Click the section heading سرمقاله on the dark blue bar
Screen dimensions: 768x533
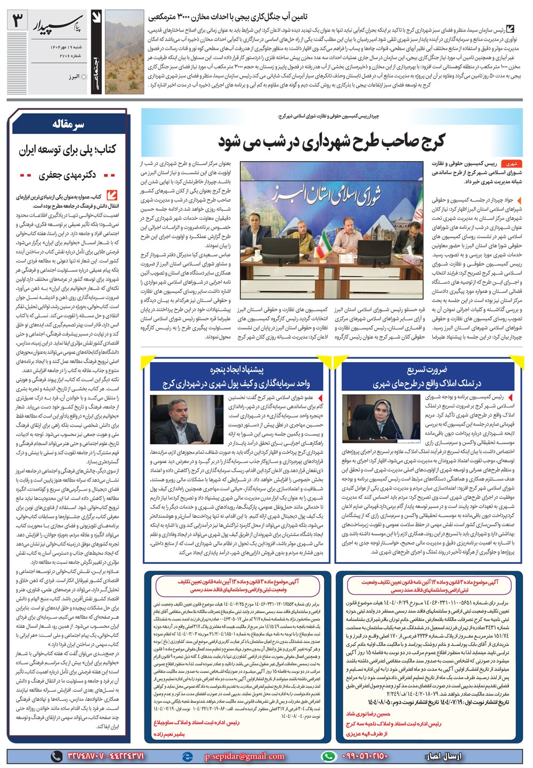pos(69,125)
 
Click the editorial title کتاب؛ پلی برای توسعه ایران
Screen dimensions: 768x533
pos(68,150)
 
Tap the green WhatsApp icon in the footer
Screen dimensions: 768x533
pos(330,756)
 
